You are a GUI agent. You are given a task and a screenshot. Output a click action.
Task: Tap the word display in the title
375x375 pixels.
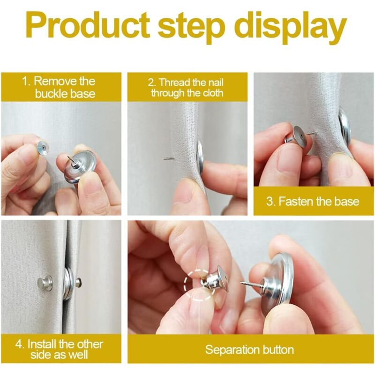coord(291,28)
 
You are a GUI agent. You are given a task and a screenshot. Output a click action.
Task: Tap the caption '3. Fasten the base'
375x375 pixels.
coord(313,201)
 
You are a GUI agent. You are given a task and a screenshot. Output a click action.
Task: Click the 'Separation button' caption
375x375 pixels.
coord(249,349)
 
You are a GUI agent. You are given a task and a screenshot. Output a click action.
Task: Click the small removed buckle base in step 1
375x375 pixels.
coord(43,148)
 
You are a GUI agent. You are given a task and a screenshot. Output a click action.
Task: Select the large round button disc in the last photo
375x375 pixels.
coord(277,282)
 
